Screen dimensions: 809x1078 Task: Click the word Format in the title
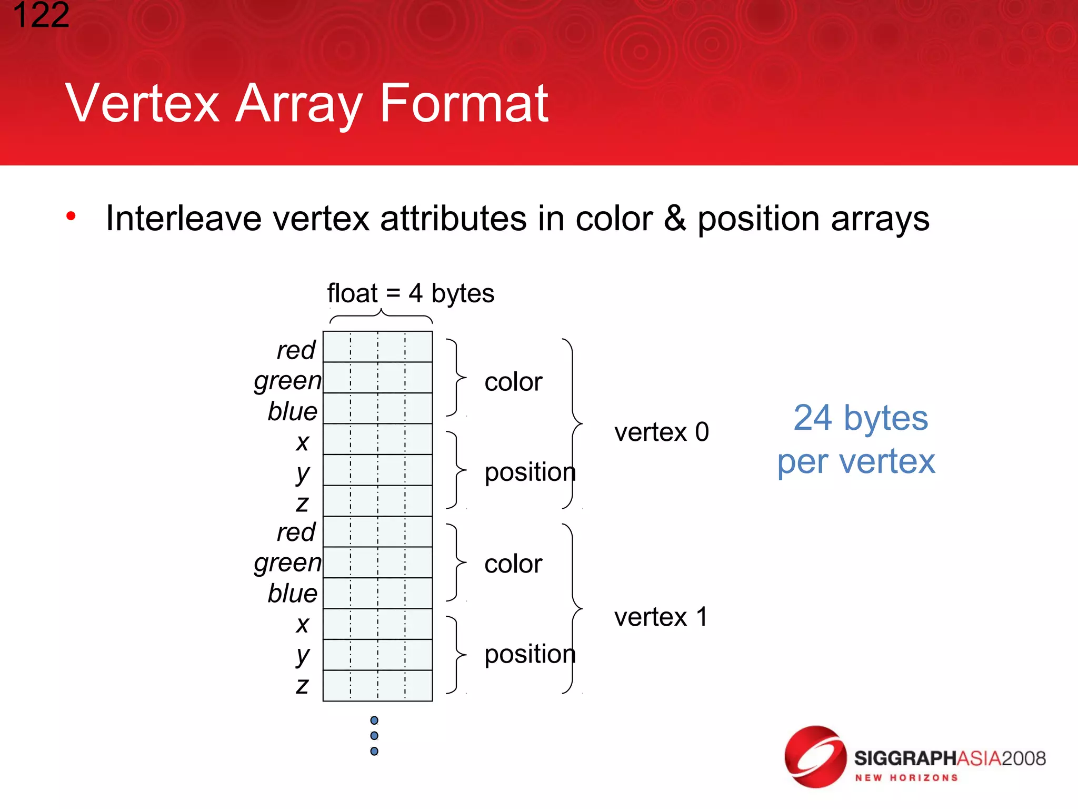point(464,104)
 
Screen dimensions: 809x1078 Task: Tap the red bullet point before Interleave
point(71,216)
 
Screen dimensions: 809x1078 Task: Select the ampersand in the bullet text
point(675,219)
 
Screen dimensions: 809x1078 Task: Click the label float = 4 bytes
point(411,293)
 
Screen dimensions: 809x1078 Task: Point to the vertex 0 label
point(661,432)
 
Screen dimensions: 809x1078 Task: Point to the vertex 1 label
point(661,617)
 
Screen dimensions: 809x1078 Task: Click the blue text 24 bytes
point(860,418)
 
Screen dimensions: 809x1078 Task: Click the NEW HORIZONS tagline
point(906,778)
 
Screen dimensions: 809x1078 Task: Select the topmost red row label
point(296,350)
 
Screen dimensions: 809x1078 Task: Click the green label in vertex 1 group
point(287,563)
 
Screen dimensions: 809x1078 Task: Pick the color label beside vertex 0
point(513,382)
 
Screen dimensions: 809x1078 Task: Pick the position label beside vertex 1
point(530,654)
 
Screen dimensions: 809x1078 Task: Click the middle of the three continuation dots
point(374,736)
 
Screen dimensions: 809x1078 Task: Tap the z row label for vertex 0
point(302,504)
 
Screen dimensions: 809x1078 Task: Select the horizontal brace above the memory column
point(381,317)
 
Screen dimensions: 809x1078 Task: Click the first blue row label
point(293,411)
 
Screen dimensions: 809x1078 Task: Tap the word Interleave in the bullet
point(184,219)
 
